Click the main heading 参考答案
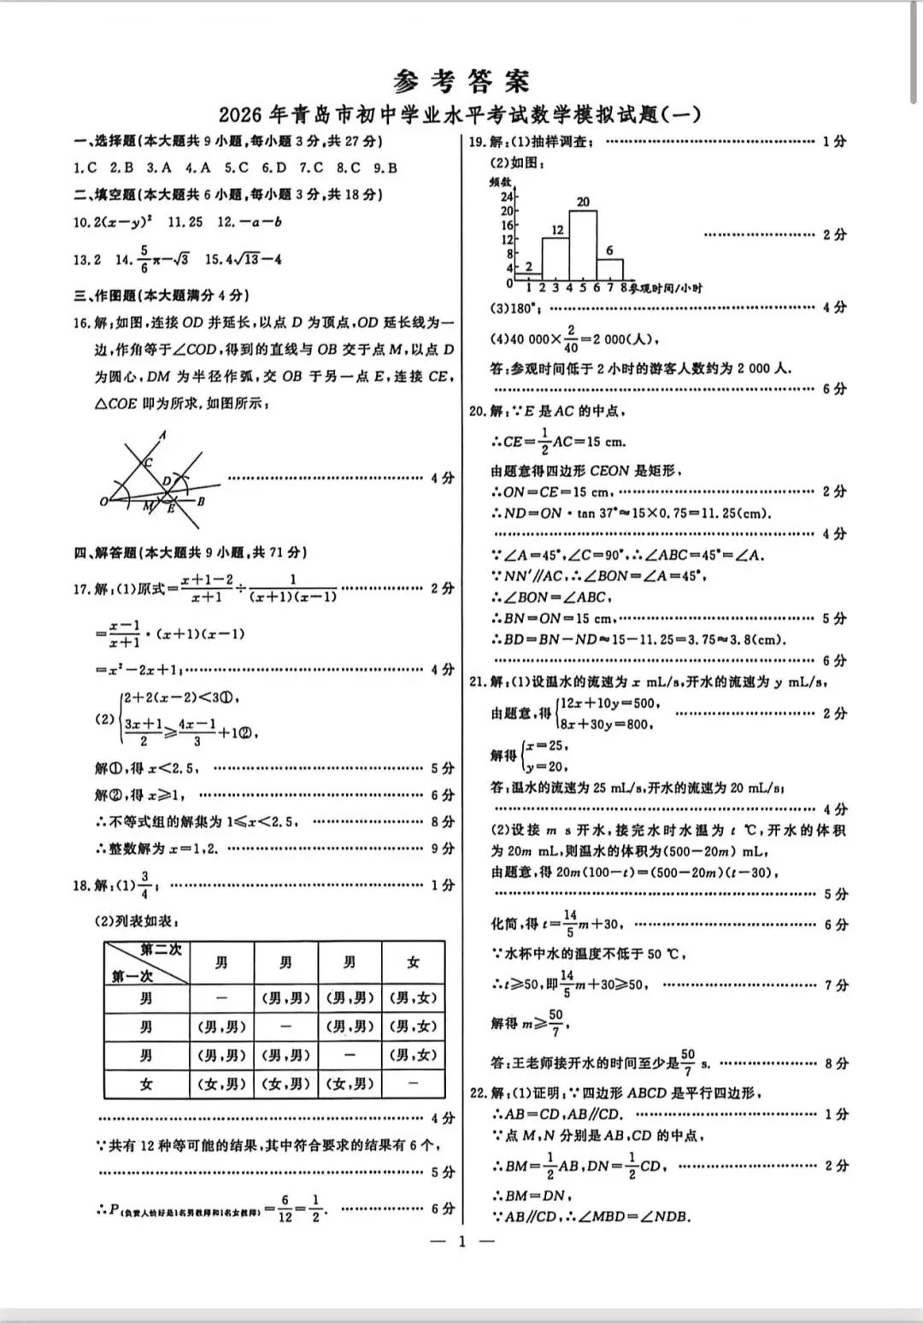461,81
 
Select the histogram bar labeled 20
583,245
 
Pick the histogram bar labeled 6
609,269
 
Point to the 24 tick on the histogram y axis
507,197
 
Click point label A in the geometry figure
162,436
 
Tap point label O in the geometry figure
103,501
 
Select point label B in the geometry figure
201,502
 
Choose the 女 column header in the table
413,963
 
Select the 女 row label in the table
147,1084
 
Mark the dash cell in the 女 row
413,1084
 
